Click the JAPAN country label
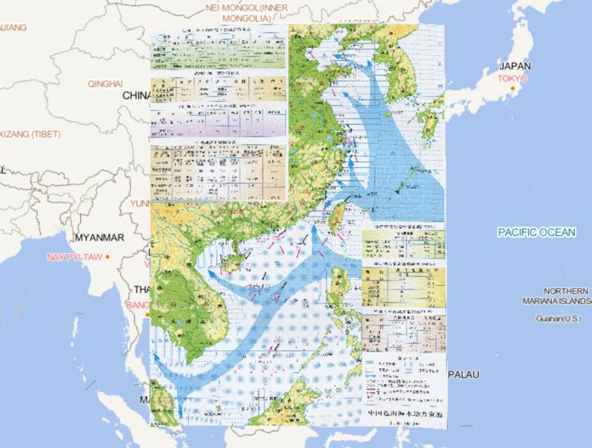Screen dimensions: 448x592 click(x=515, y=66)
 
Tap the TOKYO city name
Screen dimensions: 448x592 click(x=512, y=79)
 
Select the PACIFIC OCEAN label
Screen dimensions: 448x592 click(x=536, y=232)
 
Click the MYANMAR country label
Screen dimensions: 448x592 click(x=99, y=237)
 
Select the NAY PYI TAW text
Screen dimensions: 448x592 click(x=75, y=256)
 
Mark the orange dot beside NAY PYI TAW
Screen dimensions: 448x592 click(x=108, y=256)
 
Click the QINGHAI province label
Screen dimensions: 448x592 click(x=106, y=83)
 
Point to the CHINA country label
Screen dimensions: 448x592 click(x=136, y=95)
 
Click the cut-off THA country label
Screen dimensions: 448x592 click(x=142, y=290)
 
